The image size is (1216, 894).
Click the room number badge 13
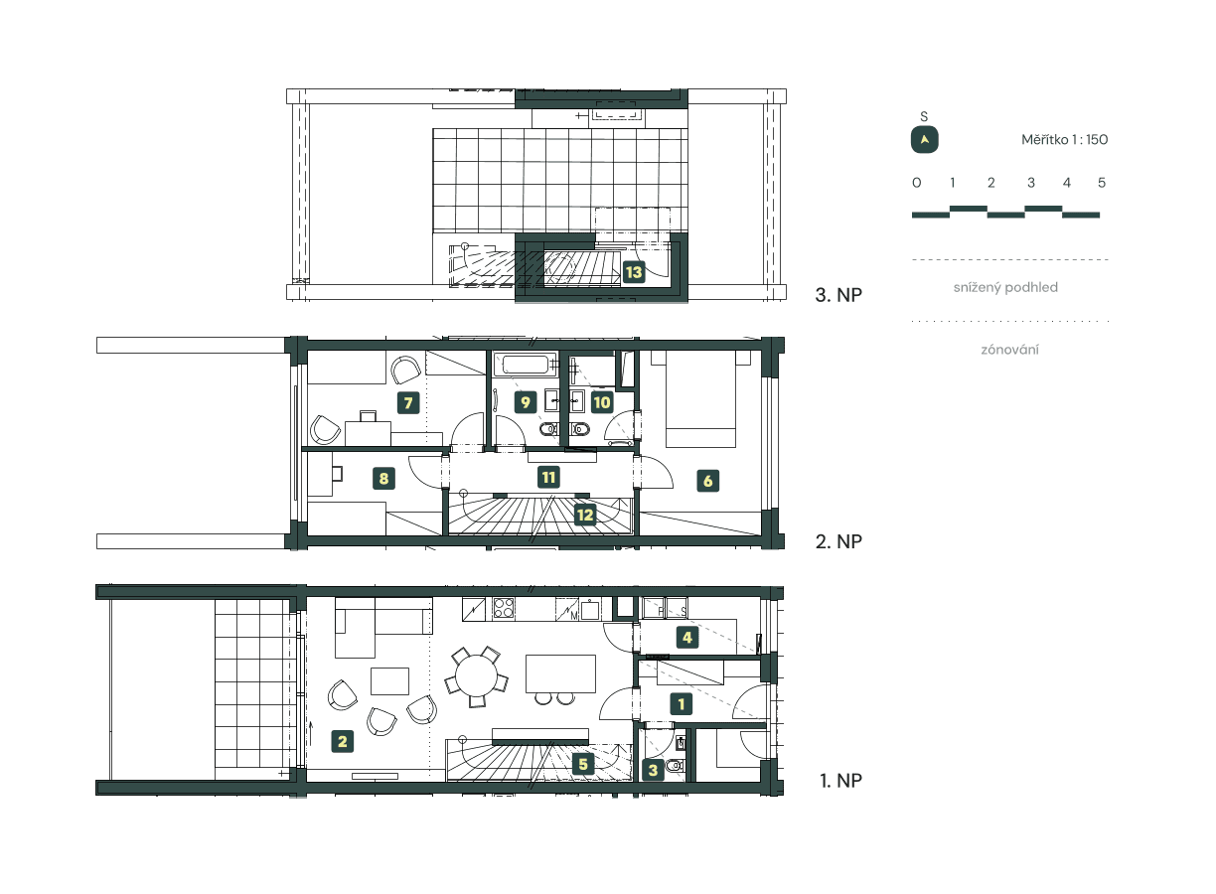[634, 271]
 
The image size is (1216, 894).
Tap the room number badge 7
[405, 402]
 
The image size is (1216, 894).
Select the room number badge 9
[526, 402]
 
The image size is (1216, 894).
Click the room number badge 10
[601, 402]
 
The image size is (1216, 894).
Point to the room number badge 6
[707, 481]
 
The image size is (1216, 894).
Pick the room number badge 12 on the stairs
[584, 515]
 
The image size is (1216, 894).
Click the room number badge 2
[342, 740]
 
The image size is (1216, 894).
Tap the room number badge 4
[685, 637]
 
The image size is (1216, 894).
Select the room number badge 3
[653, 769]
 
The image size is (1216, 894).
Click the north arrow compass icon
[925, 140]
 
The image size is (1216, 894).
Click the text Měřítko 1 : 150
[1064, 140]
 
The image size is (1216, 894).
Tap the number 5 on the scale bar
[1102, 183]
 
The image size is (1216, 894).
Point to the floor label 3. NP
[836, 295]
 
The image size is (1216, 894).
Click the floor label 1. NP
[840, 781]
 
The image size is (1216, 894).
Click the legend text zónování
[1010, 350]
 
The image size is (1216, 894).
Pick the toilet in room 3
[676, 765]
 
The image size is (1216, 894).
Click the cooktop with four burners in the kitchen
[502, 608]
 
